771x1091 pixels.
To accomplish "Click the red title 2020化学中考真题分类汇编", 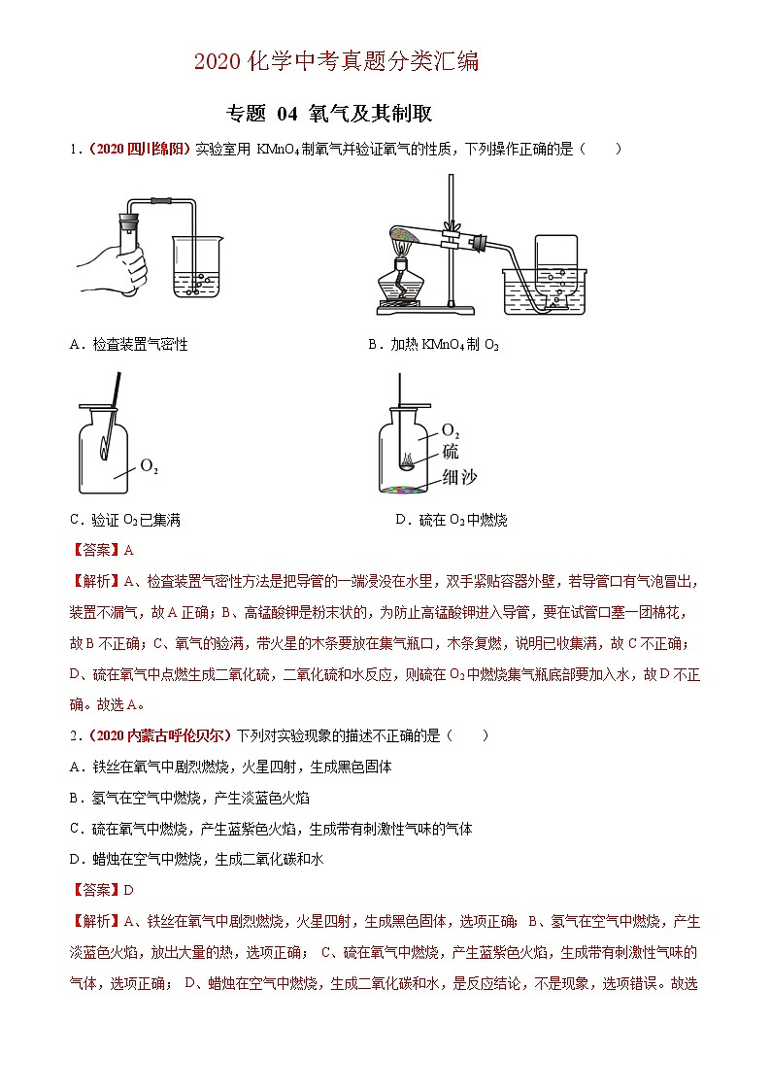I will (337, 62).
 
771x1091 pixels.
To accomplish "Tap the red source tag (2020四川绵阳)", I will (138, 149).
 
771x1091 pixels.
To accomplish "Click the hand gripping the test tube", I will (116, 266).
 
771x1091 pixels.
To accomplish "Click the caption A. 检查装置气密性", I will (129, 344).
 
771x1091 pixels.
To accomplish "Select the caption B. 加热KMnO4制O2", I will (433, 344).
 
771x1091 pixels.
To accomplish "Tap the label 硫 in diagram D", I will (451, 452).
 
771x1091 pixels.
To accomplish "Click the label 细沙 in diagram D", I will (457, 475).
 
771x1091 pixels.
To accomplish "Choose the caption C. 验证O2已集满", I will (125, 520).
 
